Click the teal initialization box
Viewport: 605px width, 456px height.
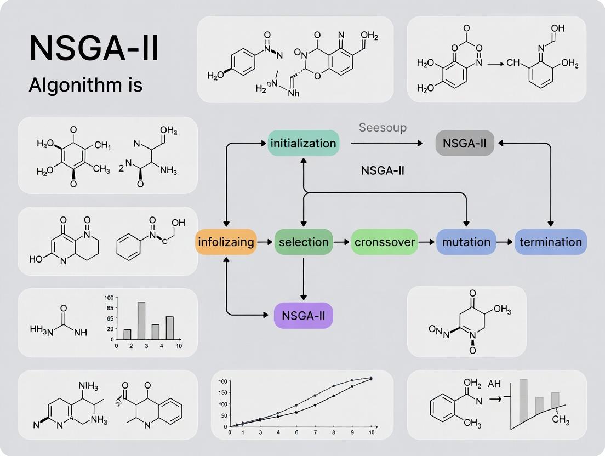303,143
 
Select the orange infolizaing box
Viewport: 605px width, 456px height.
226,242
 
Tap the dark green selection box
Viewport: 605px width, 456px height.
304,242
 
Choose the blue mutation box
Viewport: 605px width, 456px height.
466,242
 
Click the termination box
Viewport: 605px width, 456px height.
550,242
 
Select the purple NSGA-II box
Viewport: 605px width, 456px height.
303,315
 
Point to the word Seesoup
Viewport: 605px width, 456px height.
383,128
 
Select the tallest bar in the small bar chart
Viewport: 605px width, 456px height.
141,321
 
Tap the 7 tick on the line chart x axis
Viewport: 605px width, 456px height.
315,432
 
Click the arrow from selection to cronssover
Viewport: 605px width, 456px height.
342,242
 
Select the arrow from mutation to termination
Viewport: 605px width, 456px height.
505,242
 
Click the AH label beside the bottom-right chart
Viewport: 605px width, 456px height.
494,384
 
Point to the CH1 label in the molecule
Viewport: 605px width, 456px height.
102,146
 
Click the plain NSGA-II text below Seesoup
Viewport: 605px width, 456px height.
383,170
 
